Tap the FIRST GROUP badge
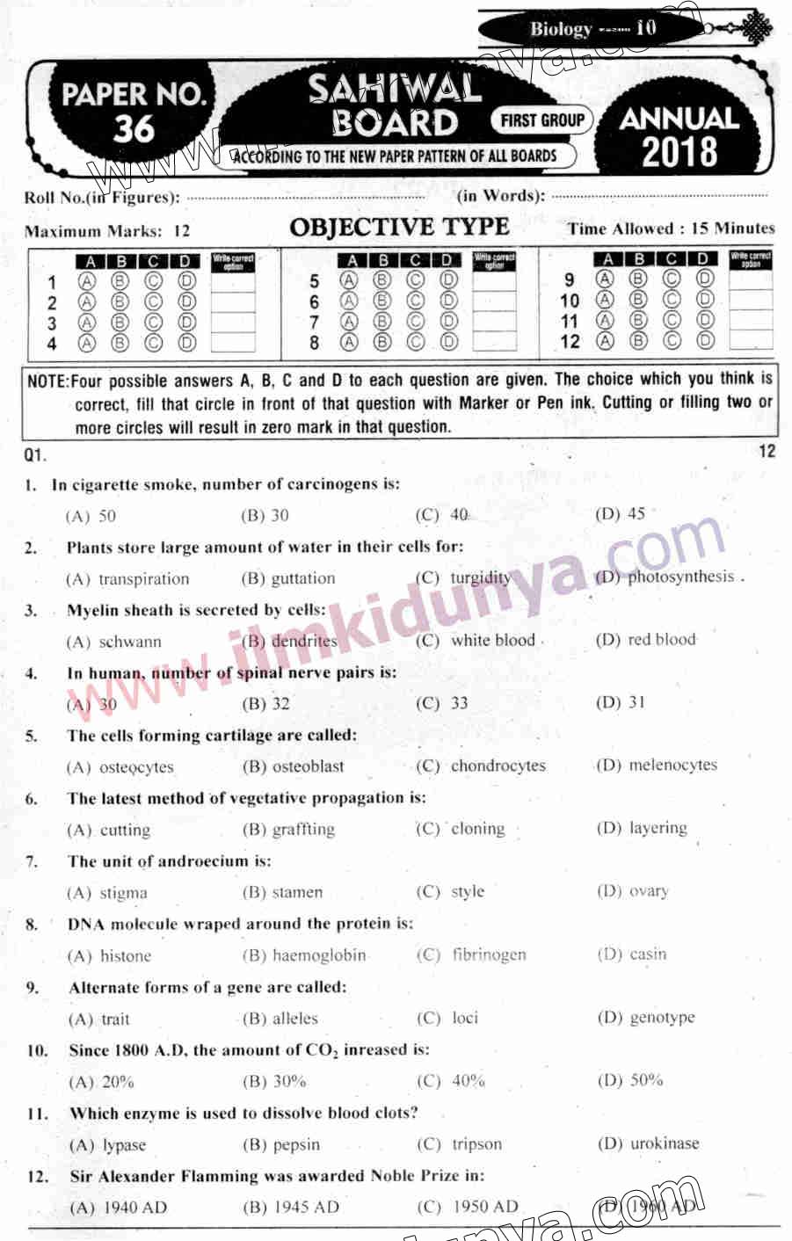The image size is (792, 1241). pos(542,120)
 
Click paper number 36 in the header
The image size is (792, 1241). pos(134,128)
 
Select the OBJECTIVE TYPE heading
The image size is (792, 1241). pos(399,228)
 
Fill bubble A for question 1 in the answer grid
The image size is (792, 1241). pos(87,282)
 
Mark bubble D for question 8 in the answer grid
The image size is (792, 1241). pos(448,342)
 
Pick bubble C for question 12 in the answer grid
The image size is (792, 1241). pos(672,340)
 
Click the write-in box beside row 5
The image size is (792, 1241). pos(494,282)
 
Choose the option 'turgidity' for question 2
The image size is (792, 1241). pos(480,578)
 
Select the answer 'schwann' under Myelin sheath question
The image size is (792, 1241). pos(130,642)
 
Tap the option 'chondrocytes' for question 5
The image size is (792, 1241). pos(498,766)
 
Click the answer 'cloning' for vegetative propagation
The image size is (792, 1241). pos(477,829)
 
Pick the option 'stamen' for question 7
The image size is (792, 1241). pos(297,892)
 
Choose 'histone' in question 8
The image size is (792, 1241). pos(126,955)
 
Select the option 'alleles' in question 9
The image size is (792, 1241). pos(295,1019)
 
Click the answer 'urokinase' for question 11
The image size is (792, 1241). pos(665,1143)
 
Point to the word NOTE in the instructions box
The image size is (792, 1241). pos(47,381)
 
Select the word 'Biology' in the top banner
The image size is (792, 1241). pos(561,29)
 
